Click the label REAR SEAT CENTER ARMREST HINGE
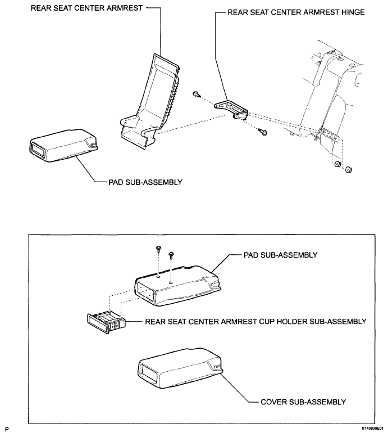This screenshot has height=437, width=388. point(296,12)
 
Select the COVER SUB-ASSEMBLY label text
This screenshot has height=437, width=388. point(303,402)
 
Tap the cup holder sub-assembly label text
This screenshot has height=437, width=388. point(255,322)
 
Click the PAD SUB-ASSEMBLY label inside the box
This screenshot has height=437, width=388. point(281,255)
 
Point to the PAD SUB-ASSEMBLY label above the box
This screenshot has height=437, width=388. point(145,182)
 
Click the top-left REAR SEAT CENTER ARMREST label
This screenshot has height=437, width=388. point(86,8)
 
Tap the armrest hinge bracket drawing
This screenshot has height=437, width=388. point(231,110)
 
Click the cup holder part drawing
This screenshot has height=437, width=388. point(106,323)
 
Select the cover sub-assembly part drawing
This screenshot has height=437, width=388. point(180,368)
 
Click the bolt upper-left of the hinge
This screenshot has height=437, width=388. point(197,94)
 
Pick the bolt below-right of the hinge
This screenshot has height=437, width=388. point(262,131)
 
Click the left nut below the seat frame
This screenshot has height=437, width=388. point(337,164)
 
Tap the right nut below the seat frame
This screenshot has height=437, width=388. point(349,169)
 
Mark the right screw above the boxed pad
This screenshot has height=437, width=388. point(171,254)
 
